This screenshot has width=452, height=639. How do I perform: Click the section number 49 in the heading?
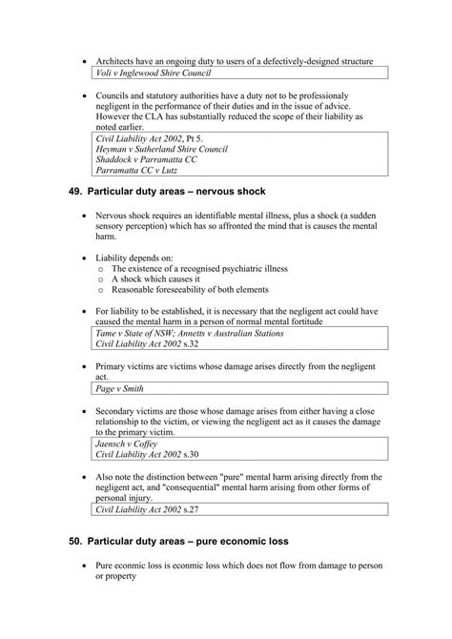(75, 195)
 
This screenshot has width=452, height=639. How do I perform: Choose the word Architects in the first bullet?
(119, 60)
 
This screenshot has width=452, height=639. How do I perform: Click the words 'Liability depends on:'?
(134, 258)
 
